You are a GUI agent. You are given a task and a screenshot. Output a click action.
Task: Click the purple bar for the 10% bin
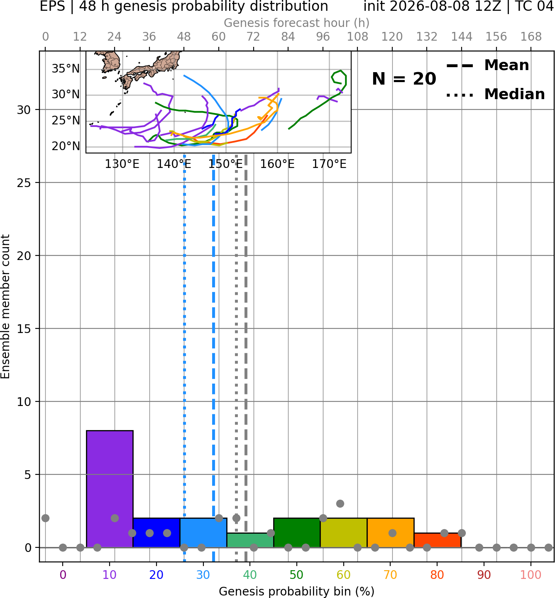coord(110,489)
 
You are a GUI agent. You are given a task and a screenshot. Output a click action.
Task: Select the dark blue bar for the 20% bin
coord(156,532)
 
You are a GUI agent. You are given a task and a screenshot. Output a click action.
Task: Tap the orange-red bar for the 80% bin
coord(438,540)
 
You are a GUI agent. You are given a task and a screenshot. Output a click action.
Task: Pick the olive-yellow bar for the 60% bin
coord(344,532)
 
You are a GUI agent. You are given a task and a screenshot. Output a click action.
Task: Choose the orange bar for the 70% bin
coord(390,532)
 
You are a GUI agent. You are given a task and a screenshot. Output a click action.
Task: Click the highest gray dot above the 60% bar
coord(340,503)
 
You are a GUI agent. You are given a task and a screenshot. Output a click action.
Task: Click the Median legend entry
coord(495,94)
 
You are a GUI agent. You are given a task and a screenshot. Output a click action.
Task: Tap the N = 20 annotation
coord(404,79)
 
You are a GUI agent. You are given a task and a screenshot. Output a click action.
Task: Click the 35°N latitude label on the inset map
coord(66,69)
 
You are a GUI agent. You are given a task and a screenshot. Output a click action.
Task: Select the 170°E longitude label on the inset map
coord(329,164)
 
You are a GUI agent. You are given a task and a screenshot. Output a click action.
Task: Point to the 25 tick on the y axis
coord(24,182)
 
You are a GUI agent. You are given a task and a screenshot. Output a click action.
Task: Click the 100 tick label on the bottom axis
coord(531,575)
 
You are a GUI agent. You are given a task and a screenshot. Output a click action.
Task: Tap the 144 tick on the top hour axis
coord(462,37)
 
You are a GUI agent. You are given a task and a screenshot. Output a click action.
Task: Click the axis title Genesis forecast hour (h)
coord(297,23)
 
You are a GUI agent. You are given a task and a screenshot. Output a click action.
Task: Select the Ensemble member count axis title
coord(5,306)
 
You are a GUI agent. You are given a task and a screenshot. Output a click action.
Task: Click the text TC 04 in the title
coord(535,6)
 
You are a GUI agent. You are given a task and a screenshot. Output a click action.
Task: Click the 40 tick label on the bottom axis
coord(250,575)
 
